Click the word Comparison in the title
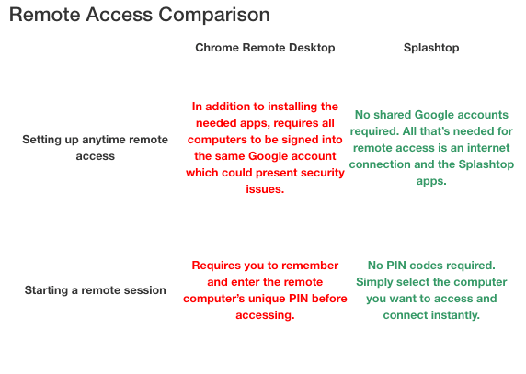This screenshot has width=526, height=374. pyautogui.click(x=213, y=16)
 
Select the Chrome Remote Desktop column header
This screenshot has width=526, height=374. pyautogui.click(x=265, y=48)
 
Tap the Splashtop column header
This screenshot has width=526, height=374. pyautogui.click(x=431, y=48)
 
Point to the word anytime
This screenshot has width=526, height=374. pyautogui.click(x=101, y=140)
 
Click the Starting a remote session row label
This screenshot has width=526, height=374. pyautogui.click(x=96, y=290)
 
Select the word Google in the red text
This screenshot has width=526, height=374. pyautogui.click(x=269, y=156)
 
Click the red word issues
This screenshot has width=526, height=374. pyautogui.click(x=265, y=189)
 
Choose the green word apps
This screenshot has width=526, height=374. pyautogui.click(x=431, y=181)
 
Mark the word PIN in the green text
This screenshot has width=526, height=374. pyautogui.click(x=396, y=266)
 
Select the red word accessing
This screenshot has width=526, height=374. pyautogui.click(x=265, y=315)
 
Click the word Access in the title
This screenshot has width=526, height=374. pyautogui.click(x=120, y=16)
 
